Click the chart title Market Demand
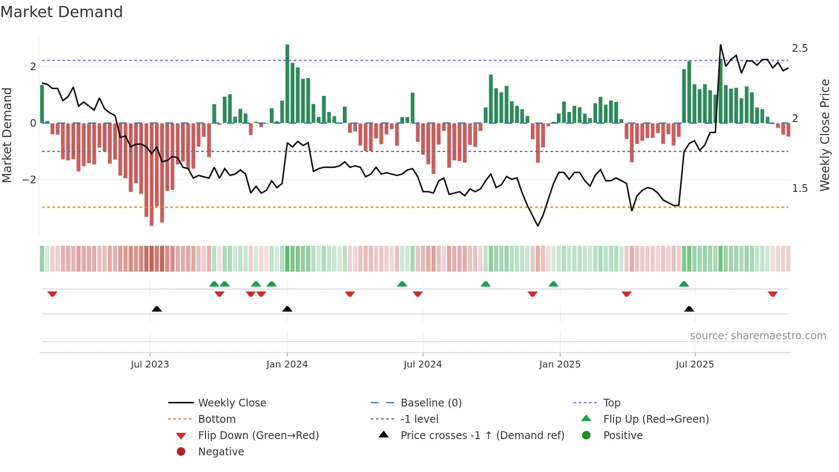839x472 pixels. (62, 12)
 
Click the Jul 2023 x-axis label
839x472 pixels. (150, 364)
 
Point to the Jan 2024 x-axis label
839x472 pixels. (287, 364)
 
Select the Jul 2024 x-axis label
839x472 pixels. (422, 364)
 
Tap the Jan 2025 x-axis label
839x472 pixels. (559, 364)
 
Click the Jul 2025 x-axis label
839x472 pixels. (695, 364)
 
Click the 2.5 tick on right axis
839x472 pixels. (800, 48)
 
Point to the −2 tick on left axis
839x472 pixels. (29, 180)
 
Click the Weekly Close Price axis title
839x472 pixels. (825, 135)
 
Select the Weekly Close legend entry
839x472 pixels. (232, 403)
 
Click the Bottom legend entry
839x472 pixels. (217, 419)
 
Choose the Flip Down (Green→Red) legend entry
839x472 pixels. (258, 436)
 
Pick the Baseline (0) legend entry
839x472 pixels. (431, 403)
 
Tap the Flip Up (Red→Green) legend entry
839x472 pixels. (656, 419)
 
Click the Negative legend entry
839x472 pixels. (221, 452)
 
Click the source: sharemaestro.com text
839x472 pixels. (758, 336)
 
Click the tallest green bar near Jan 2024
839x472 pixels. (287, 84)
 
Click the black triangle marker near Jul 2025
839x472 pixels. (689, 309)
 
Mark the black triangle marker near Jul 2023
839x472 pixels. (157, 309)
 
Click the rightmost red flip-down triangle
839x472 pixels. (773, 294)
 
